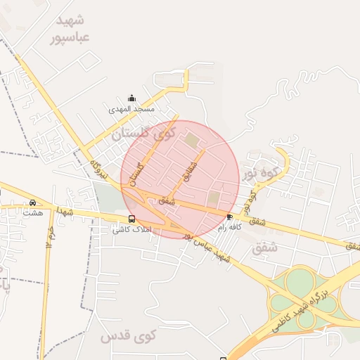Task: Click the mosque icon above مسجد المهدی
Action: (x=131, y=98)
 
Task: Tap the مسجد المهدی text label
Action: (x=131, y=110)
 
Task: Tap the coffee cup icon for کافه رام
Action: (x=230, y=217)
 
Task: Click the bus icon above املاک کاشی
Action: (x=132, y=219)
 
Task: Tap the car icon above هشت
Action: (x=32, y=202)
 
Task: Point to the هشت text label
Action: (x=32, y=212)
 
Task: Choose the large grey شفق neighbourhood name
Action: (x=264, y=247)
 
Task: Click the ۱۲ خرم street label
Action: (x=51, y=236)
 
